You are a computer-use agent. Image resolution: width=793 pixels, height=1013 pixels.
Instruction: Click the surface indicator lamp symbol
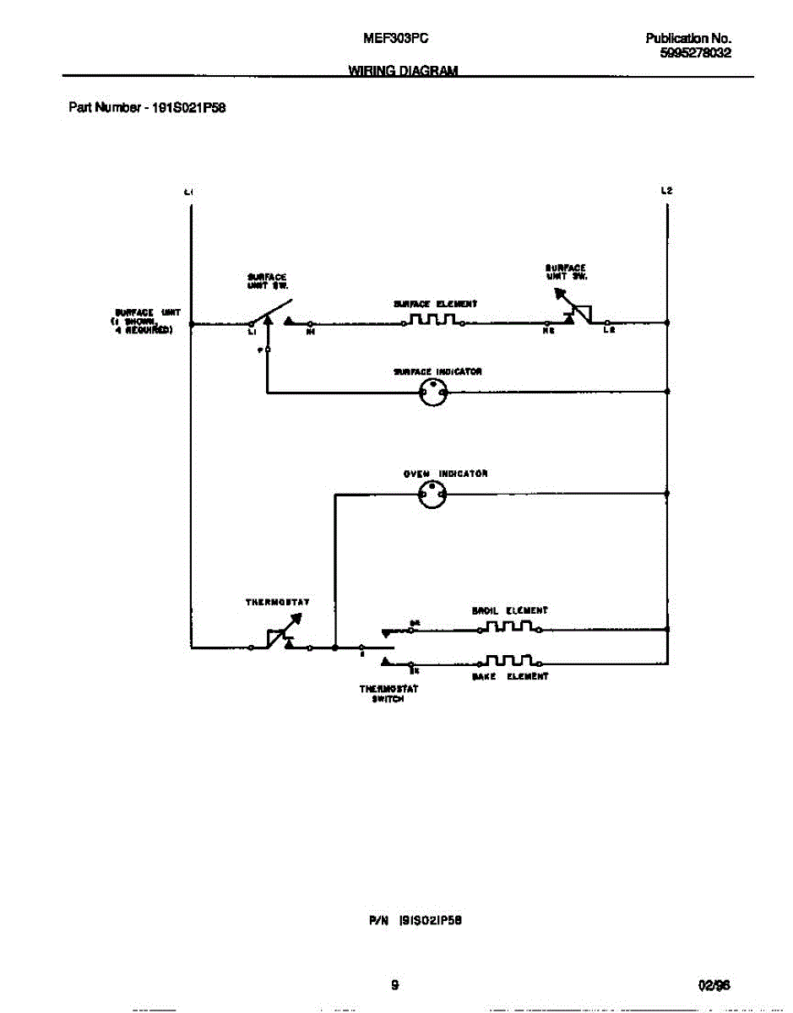click(x=433, y=392)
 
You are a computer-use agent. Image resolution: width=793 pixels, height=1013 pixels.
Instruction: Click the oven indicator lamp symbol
click(x=432, y=496)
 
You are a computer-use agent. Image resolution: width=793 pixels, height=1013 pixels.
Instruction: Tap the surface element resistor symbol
click(x=433, y=320)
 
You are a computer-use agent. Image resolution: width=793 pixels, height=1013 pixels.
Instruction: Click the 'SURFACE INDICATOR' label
click(x=437, y=371)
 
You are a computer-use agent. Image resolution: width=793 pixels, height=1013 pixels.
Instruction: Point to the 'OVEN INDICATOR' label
click(x=445, y=474)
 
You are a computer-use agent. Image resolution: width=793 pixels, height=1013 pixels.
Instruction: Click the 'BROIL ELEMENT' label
click(x=509, y=610)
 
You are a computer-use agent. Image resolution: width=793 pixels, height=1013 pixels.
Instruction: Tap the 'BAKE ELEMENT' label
click(x=509, y=676)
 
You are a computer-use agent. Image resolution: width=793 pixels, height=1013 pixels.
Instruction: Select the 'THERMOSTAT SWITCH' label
click(x=388, y=694)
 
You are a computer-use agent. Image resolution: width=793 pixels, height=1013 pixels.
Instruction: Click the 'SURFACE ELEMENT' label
click(x=435, y=303)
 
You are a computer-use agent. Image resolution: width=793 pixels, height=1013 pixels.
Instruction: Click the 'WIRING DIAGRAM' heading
click(x=403, y=71)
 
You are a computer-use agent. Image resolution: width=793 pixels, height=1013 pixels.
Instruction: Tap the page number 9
click(x=394, y=985)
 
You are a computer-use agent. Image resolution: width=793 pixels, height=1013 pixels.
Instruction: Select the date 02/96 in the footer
click(x=714, y=985)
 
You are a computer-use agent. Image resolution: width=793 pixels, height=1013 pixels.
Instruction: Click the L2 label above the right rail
click(x=666, y=191)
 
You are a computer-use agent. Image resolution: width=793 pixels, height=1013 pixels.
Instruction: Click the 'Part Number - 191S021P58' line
click(x=146, y=108)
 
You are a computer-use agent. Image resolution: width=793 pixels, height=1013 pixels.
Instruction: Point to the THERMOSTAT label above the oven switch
click(x=277, y=602)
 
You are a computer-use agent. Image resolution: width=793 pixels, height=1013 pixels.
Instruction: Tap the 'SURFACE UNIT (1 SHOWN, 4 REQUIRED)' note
click(x=144, y=322)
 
